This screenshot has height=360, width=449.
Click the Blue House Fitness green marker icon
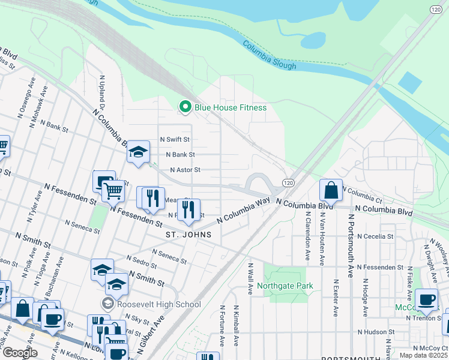point(185,107)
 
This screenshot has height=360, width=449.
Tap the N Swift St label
point(174,139)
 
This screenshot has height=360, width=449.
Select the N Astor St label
point(185,170)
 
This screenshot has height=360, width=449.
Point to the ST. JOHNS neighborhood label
point(189,235)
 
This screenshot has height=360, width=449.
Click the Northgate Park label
point(285,286)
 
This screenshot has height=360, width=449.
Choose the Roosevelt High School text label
point(159,304)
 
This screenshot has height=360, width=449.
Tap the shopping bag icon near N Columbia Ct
point(331,190)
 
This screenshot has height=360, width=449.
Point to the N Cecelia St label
point(375,236)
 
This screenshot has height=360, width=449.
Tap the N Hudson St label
point(376,331)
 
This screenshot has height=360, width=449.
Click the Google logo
point(20,353)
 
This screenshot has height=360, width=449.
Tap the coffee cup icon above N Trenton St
point(426,299)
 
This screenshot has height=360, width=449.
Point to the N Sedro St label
point(142,259)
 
